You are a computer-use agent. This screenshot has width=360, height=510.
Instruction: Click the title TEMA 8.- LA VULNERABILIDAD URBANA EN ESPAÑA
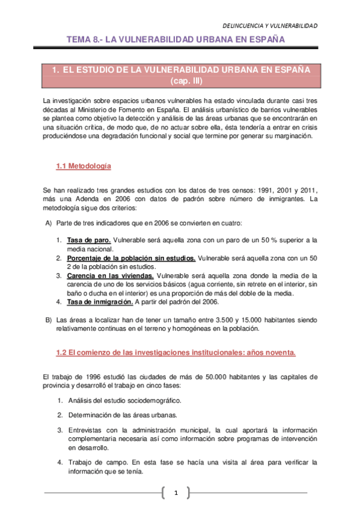click(175, 40)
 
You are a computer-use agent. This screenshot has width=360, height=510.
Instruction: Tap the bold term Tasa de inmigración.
click(100, 302)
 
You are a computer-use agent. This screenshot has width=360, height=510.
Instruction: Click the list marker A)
click(49, 224)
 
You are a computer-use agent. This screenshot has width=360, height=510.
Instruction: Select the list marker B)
click(49, 319)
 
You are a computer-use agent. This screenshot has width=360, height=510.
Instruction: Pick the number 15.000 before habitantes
click(239, 319)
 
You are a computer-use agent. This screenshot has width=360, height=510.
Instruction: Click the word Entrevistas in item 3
click(87, 430)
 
